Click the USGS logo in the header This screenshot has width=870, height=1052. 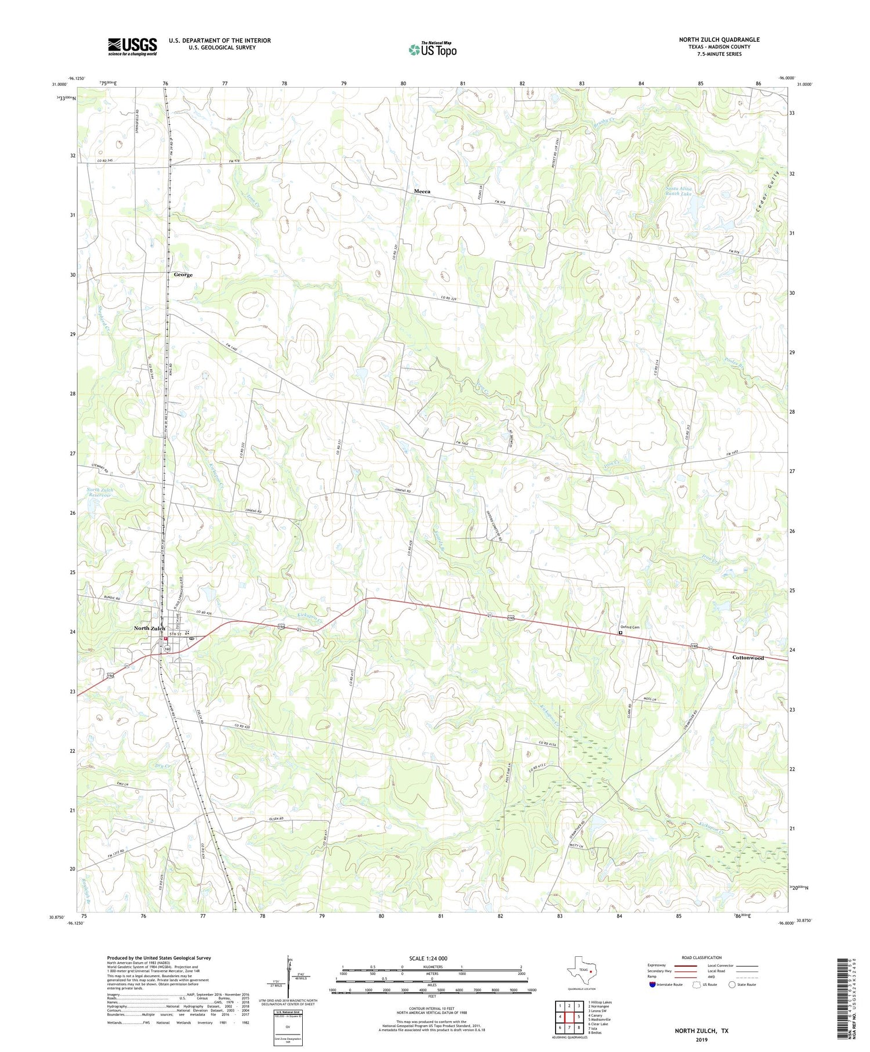pyautogui.click(x=132, y=46)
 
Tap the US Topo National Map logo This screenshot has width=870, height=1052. pyautogui.click(x=432, y=49)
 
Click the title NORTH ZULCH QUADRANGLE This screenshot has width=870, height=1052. pyautogui.click(x=719, y=39)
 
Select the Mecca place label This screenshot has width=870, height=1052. pyautogui.click(x=422, y=191)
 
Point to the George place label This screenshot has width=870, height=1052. pyautogui.click(x=183, y=274)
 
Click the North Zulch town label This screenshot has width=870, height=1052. pyautogui.click(x=149, y=628)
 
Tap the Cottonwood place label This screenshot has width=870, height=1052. pyautogui.click(x=748, y=657)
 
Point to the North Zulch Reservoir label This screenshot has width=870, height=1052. pyautogui.click(x=100, y=493)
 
